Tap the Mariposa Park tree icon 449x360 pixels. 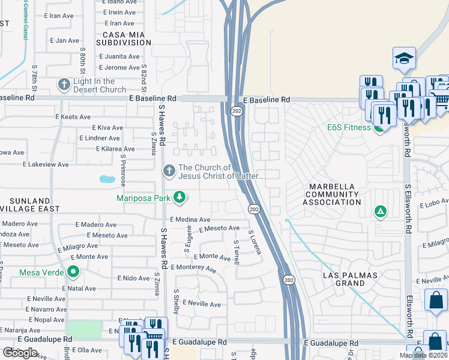[x=179, y=197]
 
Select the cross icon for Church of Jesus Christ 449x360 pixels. [x=169, y=172]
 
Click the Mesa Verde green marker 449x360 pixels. [x=74, y=272]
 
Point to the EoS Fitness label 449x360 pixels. [x=348, y=128]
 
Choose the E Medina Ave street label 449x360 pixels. [x=190, y=220]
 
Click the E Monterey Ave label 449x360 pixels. [x=193, y=268]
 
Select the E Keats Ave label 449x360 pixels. [x=73, y=117]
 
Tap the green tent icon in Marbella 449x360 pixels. [x=379, y=211]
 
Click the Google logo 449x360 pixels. [x=20, y=353]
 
